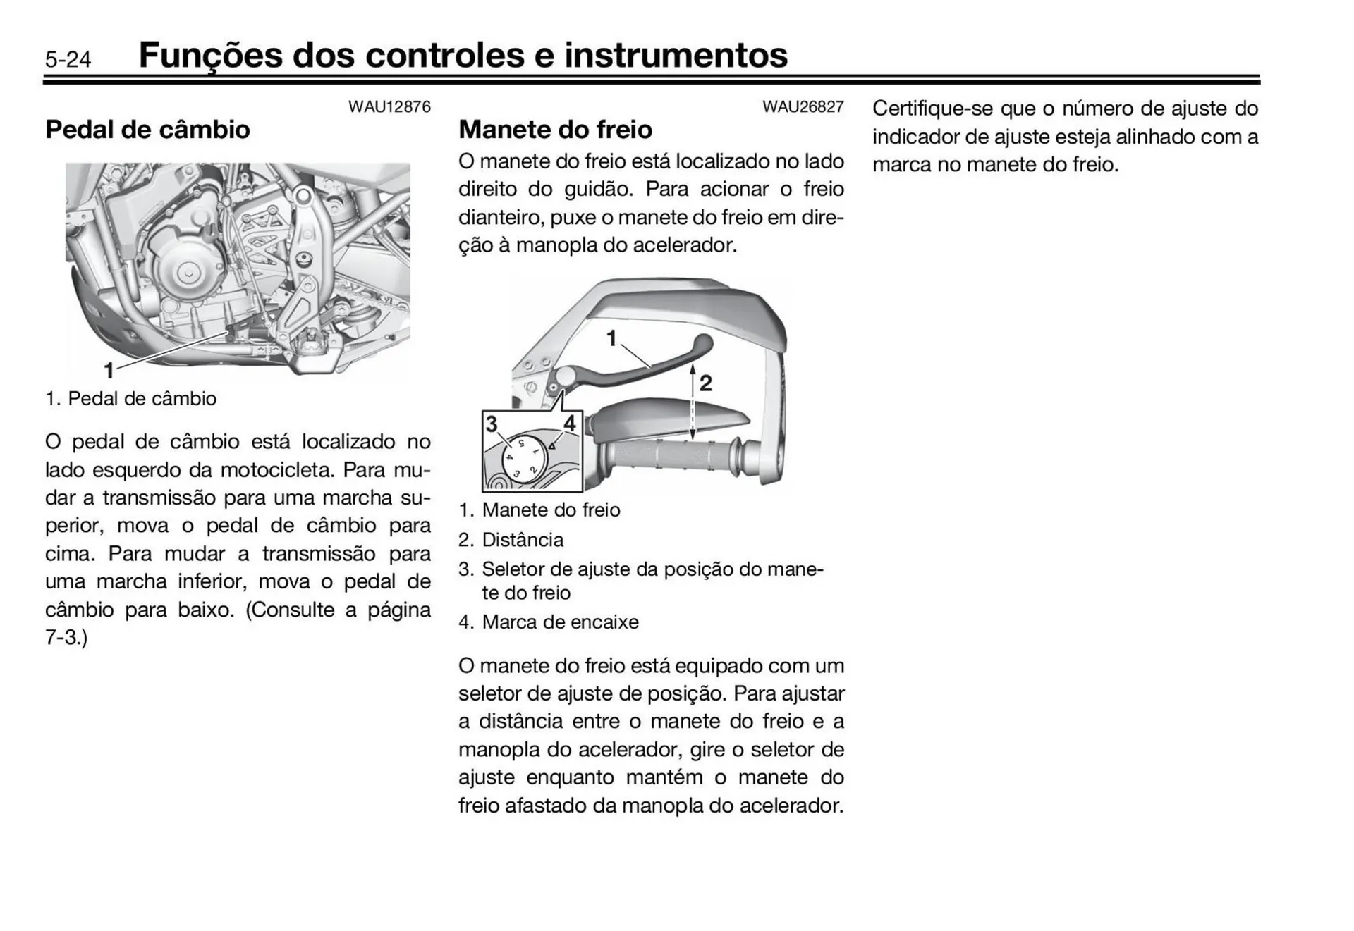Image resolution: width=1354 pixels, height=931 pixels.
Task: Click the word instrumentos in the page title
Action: tap(676, 56)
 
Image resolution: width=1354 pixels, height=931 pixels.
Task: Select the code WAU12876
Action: tap(389, 107)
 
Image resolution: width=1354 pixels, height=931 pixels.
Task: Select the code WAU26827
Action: tap(803, 107)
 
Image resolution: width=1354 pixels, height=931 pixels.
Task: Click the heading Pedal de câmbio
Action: tap(147, 130)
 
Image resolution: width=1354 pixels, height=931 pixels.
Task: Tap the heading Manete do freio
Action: tap(555, 130)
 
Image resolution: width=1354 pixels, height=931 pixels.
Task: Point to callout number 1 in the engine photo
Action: tap(109, 369)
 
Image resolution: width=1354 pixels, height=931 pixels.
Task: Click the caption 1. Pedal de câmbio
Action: tap(131, 399)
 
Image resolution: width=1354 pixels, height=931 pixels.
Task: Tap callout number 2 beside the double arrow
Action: tap(705, 383)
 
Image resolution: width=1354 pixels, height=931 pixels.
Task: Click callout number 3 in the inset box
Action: tap(492, 424)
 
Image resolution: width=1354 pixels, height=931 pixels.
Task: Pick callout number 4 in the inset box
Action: tap(570, 424)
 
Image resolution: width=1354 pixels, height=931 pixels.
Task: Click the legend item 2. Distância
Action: tap(511, 540)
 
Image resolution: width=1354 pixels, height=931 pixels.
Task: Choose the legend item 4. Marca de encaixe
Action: tap(549, 622)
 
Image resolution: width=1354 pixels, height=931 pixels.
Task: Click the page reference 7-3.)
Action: tap(66, 638)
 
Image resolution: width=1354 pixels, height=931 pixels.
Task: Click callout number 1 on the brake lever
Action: tap(611, 339)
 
